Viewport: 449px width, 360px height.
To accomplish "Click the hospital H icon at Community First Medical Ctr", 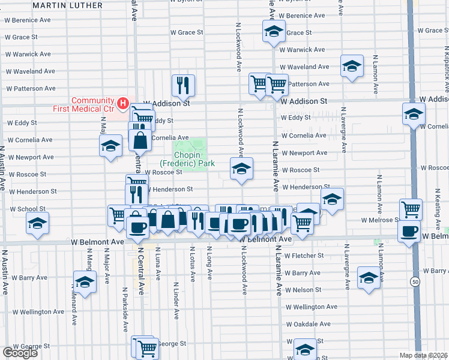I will [x=122, y=104].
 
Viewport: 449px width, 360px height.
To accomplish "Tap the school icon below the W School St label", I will [x=37, y=224].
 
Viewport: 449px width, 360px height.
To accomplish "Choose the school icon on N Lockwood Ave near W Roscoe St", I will [x=241, y=168].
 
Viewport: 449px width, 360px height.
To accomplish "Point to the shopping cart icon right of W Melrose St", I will [x=411, y=210].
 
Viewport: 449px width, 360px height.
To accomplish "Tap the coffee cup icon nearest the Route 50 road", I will [x=411, y=231].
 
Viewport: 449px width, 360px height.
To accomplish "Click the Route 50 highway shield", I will [x=415, y=281].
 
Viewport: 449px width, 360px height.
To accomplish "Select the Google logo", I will [x=20, y=353].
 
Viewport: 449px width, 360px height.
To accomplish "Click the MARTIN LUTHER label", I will [x=67, y=5].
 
